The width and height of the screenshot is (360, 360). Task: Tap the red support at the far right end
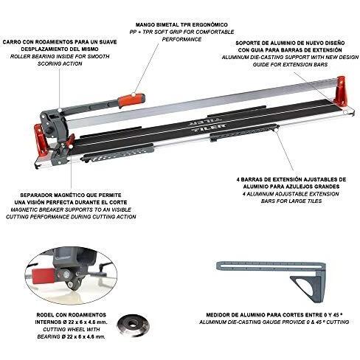pos(339,91)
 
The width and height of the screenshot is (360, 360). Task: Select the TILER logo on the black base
pos(208,123)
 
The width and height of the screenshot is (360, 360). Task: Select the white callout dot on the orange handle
pos(133,94)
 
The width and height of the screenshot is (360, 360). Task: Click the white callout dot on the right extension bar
pos(277,127)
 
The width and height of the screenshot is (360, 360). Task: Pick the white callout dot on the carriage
pos(60,110)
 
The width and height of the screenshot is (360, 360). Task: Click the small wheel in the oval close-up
pos(71,285)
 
